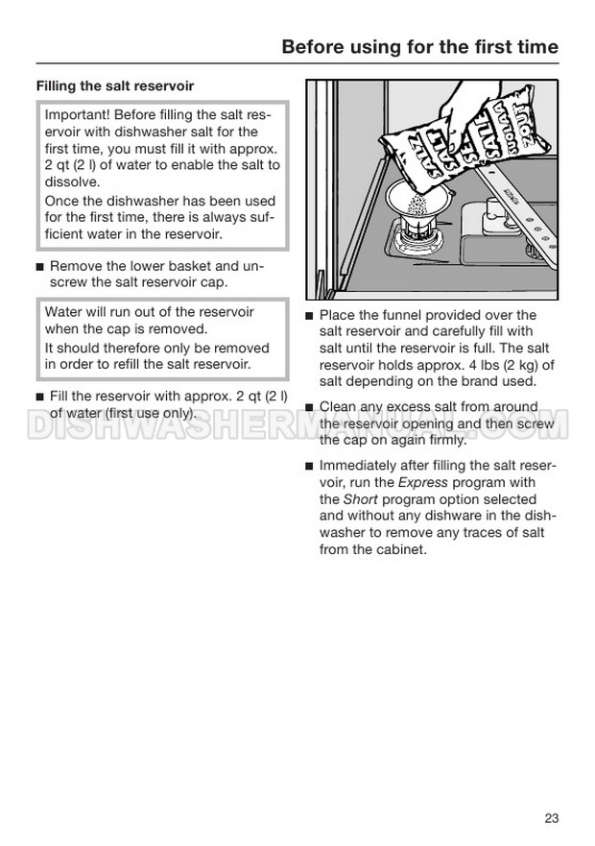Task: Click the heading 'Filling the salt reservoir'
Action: (107, 86)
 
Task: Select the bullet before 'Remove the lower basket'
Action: (39, 266)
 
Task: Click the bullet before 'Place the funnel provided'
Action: (309, 316)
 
